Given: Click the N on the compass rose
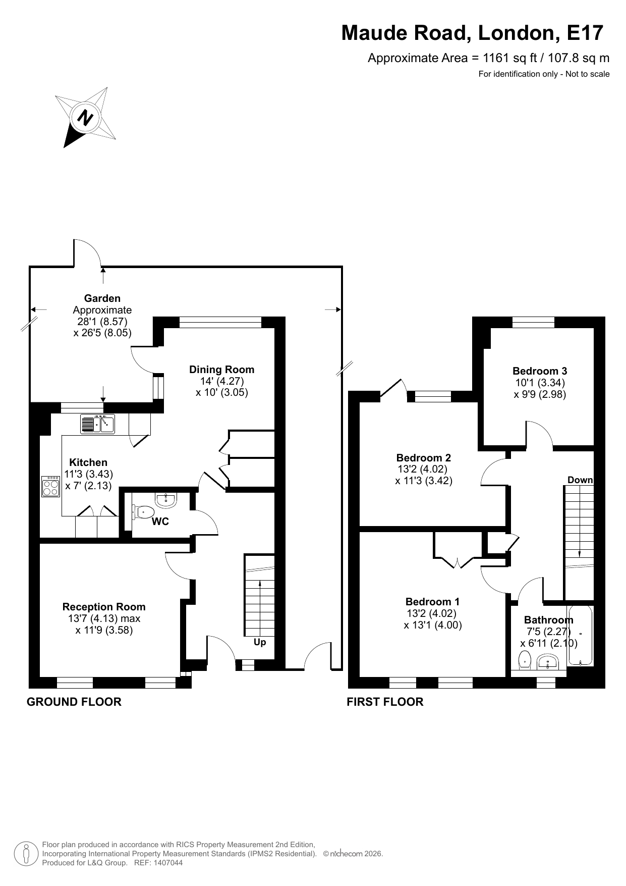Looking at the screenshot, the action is (85, 117).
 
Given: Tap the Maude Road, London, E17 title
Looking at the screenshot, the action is (472, 33).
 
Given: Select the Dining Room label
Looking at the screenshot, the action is (222, 370).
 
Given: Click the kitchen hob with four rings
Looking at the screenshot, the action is (50, 487).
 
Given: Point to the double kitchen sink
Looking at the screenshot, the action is (98, 424).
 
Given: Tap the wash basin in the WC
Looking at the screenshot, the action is (165, 500).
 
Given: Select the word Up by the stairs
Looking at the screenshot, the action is (260, 643).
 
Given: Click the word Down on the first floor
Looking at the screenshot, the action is (580, 480).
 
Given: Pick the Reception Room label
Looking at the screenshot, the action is (104, 607).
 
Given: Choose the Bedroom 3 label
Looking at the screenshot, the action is (540, 371).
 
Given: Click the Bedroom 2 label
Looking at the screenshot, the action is (424, 458).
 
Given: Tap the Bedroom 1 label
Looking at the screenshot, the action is (433, 602).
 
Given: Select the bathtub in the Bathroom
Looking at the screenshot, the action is (581, 636).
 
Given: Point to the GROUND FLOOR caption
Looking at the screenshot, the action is (74, 702).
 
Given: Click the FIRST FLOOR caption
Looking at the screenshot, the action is (385, 702).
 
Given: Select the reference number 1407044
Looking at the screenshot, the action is (167, 863).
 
